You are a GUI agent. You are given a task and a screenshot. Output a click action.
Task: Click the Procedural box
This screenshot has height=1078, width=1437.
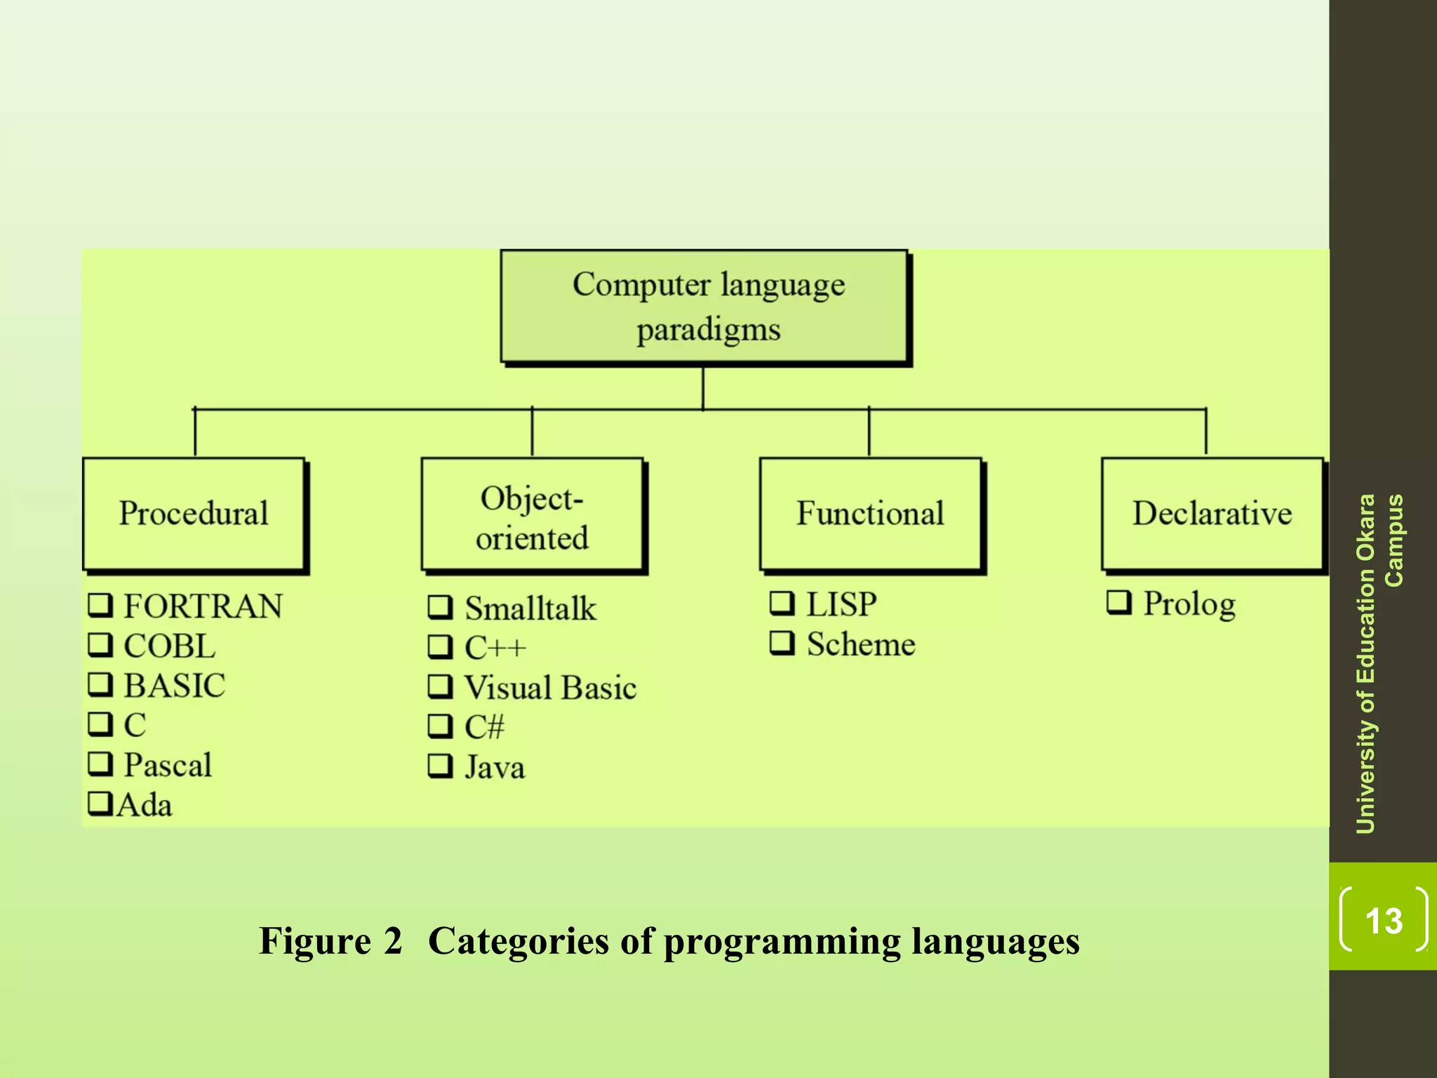click(x=194, y=514)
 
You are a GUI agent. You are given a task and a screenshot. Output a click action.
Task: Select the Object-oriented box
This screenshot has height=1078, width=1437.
click(x=532, y=517)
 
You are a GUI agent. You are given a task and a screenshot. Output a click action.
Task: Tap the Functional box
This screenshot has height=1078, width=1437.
click(x=870, y=514)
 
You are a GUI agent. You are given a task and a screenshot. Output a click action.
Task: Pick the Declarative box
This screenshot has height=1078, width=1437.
click(x=1212, y=514)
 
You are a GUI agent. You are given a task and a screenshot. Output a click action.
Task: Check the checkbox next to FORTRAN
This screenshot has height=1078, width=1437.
click(x=100, y=605)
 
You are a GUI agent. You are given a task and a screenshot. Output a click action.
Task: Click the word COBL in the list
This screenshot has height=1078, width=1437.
click(x=170, y=646)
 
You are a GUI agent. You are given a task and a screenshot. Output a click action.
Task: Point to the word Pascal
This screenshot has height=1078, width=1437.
click(x=168, y=765)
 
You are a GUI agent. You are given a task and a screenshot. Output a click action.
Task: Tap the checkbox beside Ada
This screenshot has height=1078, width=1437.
click(x=100, y=804)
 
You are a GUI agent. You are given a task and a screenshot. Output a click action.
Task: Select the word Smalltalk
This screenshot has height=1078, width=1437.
click(x=530, y=608)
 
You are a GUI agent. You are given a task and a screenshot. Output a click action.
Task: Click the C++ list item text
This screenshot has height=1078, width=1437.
click(x=495, y=648)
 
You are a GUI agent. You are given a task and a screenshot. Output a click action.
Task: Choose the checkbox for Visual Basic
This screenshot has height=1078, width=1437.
click(x=440, y=686)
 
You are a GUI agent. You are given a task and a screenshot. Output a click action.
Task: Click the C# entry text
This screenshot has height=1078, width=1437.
click(x=484, y=727)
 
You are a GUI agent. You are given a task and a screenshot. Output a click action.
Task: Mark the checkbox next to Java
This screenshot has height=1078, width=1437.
click(x=440, y=766)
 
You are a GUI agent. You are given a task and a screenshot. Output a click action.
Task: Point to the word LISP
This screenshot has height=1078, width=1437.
click(x=841, y=604)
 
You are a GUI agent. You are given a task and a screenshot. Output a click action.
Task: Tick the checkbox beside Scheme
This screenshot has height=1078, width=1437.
click(x=782, y=643)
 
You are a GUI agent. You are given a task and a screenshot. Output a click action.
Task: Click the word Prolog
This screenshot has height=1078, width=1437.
click(x=1189, y=604)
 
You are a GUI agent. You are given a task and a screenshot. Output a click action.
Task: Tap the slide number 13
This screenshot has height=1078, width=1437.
click(x=1384, y=920)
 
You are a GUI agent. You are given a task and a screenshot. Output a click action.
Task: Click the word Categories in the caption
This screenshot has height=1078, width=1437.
click(x=519, y=941)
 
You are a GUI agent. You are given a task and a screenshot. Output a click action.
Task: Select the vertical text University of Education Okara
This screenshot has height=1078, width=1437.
click(x=1365, y=663)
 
